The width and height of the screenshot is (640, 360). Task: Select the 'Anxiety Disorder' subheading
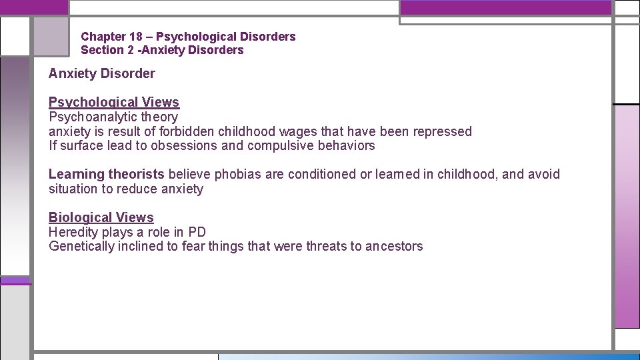click(101, 73)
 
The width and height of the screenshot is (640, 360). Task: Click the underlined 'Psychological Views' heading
click(114, 102)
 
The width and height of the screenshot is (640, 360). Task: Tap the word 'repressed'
click(442, 131)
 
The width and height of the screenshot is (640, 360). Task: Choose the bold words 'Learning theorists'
click(106, 174)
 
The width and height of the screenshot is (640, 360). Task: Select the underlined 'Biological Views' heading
click(101, 217)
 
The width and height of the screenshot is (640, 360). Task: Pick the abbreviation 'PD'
click(197, 232)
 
